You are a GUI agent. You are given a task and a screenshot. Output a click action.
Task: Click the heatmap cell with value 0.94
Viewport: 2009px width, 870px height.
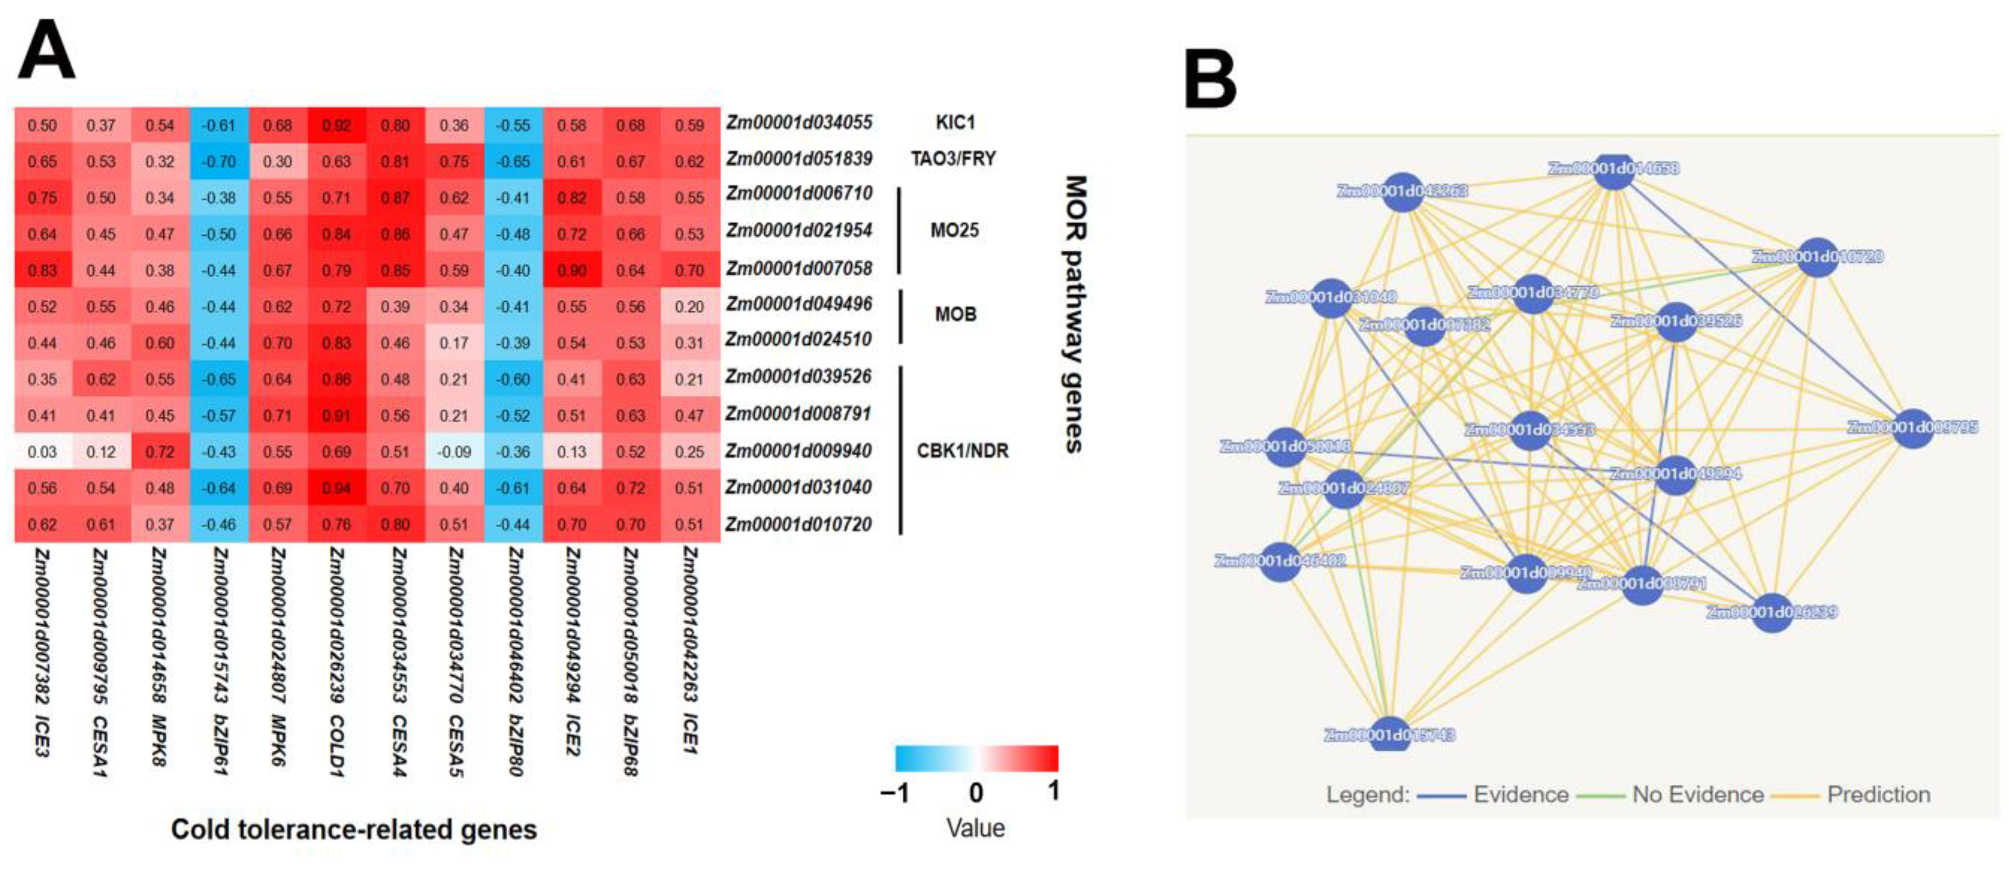[336, 488]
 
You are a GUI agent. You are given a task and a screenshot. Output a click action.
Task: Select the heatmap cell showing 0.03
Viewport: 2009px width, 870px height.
[42, 452]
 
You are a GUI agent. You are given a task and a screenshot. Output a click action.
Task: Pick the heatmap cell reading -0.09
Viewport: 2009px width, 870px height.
[454, 452]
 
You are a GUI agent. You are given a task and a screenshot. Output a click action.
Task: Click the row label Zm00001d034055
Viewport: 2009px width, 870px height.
[799, 123]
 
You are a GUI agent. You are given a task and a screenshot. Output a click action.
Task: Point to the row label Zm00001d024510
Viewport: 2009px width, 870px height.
[799, 340]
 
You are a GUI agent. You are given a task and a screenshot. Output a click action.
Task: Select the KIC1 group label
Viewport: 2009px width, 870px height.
[955, 123]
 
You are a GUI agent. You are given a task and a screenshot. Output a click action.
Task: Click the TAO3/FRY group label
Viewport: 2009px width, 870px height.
[953, 159]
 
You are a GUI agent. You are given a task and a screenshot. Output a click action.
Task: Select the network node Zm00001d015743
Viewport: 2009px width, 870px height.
[1389, 733]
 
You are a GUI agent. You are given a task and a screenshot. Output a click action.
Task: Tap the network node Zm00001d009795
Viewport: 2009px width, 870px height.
[1913, 427]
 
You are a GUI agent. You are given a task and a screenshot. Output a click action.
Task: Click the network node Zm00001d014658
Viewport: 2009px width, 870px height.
[1613, 169]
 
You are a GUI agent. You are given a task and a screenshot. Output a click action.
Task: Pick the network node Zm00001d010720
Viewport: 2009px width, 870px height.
[1817, 257]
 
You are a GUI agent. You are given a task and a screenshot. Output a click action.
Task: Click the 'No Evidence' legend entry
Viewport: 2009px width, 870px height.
[1697, 794]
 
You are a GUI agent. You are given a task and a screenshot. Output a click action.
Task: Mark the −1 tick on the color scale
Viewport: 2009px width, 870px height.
[895, 794]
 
